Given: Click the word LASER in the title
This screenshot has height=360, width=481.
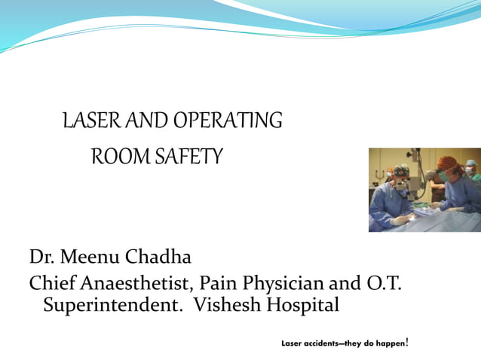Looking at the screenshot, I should tap(87, 120).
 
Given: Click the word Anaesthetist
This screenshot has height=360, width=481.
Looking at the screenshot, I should tap(137, 285).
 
